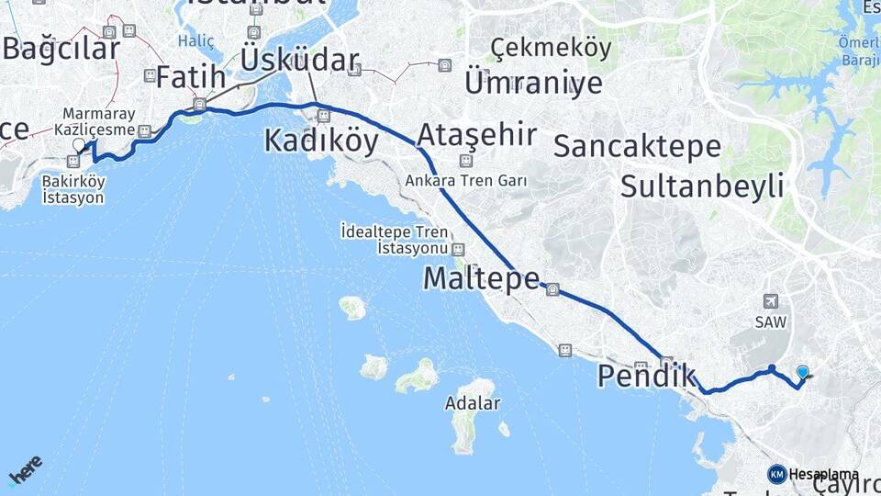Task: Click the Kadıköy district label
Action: [x=321, y=141]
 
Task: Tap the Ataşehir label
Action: [x=476, y=136]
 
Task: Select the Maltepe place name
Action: [x=480, y=278]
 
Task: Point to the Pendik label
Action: [x=646, y=377]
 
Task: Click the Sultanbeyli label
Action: [x=702, y=186]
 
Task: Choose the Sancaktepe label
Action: [x=638, y=146]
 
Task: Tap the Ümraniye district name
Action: [x=533, y=83]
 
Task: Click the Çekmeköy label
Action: [x=551, y=48]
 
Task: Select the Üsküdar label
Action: [x=299, y=61]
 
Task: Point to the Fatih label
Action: [x=190, y=77]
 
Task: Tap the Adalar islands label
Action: [x=472, y=402]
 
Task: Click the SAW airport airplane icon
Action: [x=769, y=301]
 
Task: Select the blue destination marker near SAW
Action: [x=803, y=372]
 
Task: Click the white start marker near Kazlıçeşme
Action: [x=79, y=144]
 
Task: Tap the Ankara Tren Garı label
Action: [x=466, y=181]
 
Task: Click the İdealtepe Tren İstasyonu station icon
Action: [x=458, y=249]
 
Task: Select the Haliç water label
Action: [x=195, y=41]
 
